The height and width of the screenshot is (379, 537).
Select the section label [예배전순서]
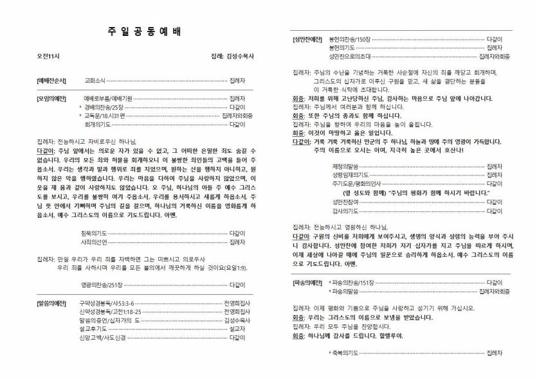[51, 82]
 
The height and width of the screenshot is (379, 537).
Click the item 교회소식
[95, 82]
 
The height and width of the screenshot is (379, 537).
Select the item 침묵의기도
[94, 233]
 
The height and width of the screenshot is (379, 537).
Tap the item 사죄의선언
[94, 242]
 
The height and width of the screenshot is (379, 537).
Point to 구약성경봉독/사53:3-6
[106, 301]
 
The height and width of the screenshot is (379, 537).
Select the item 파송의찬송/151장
[353, 282]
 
